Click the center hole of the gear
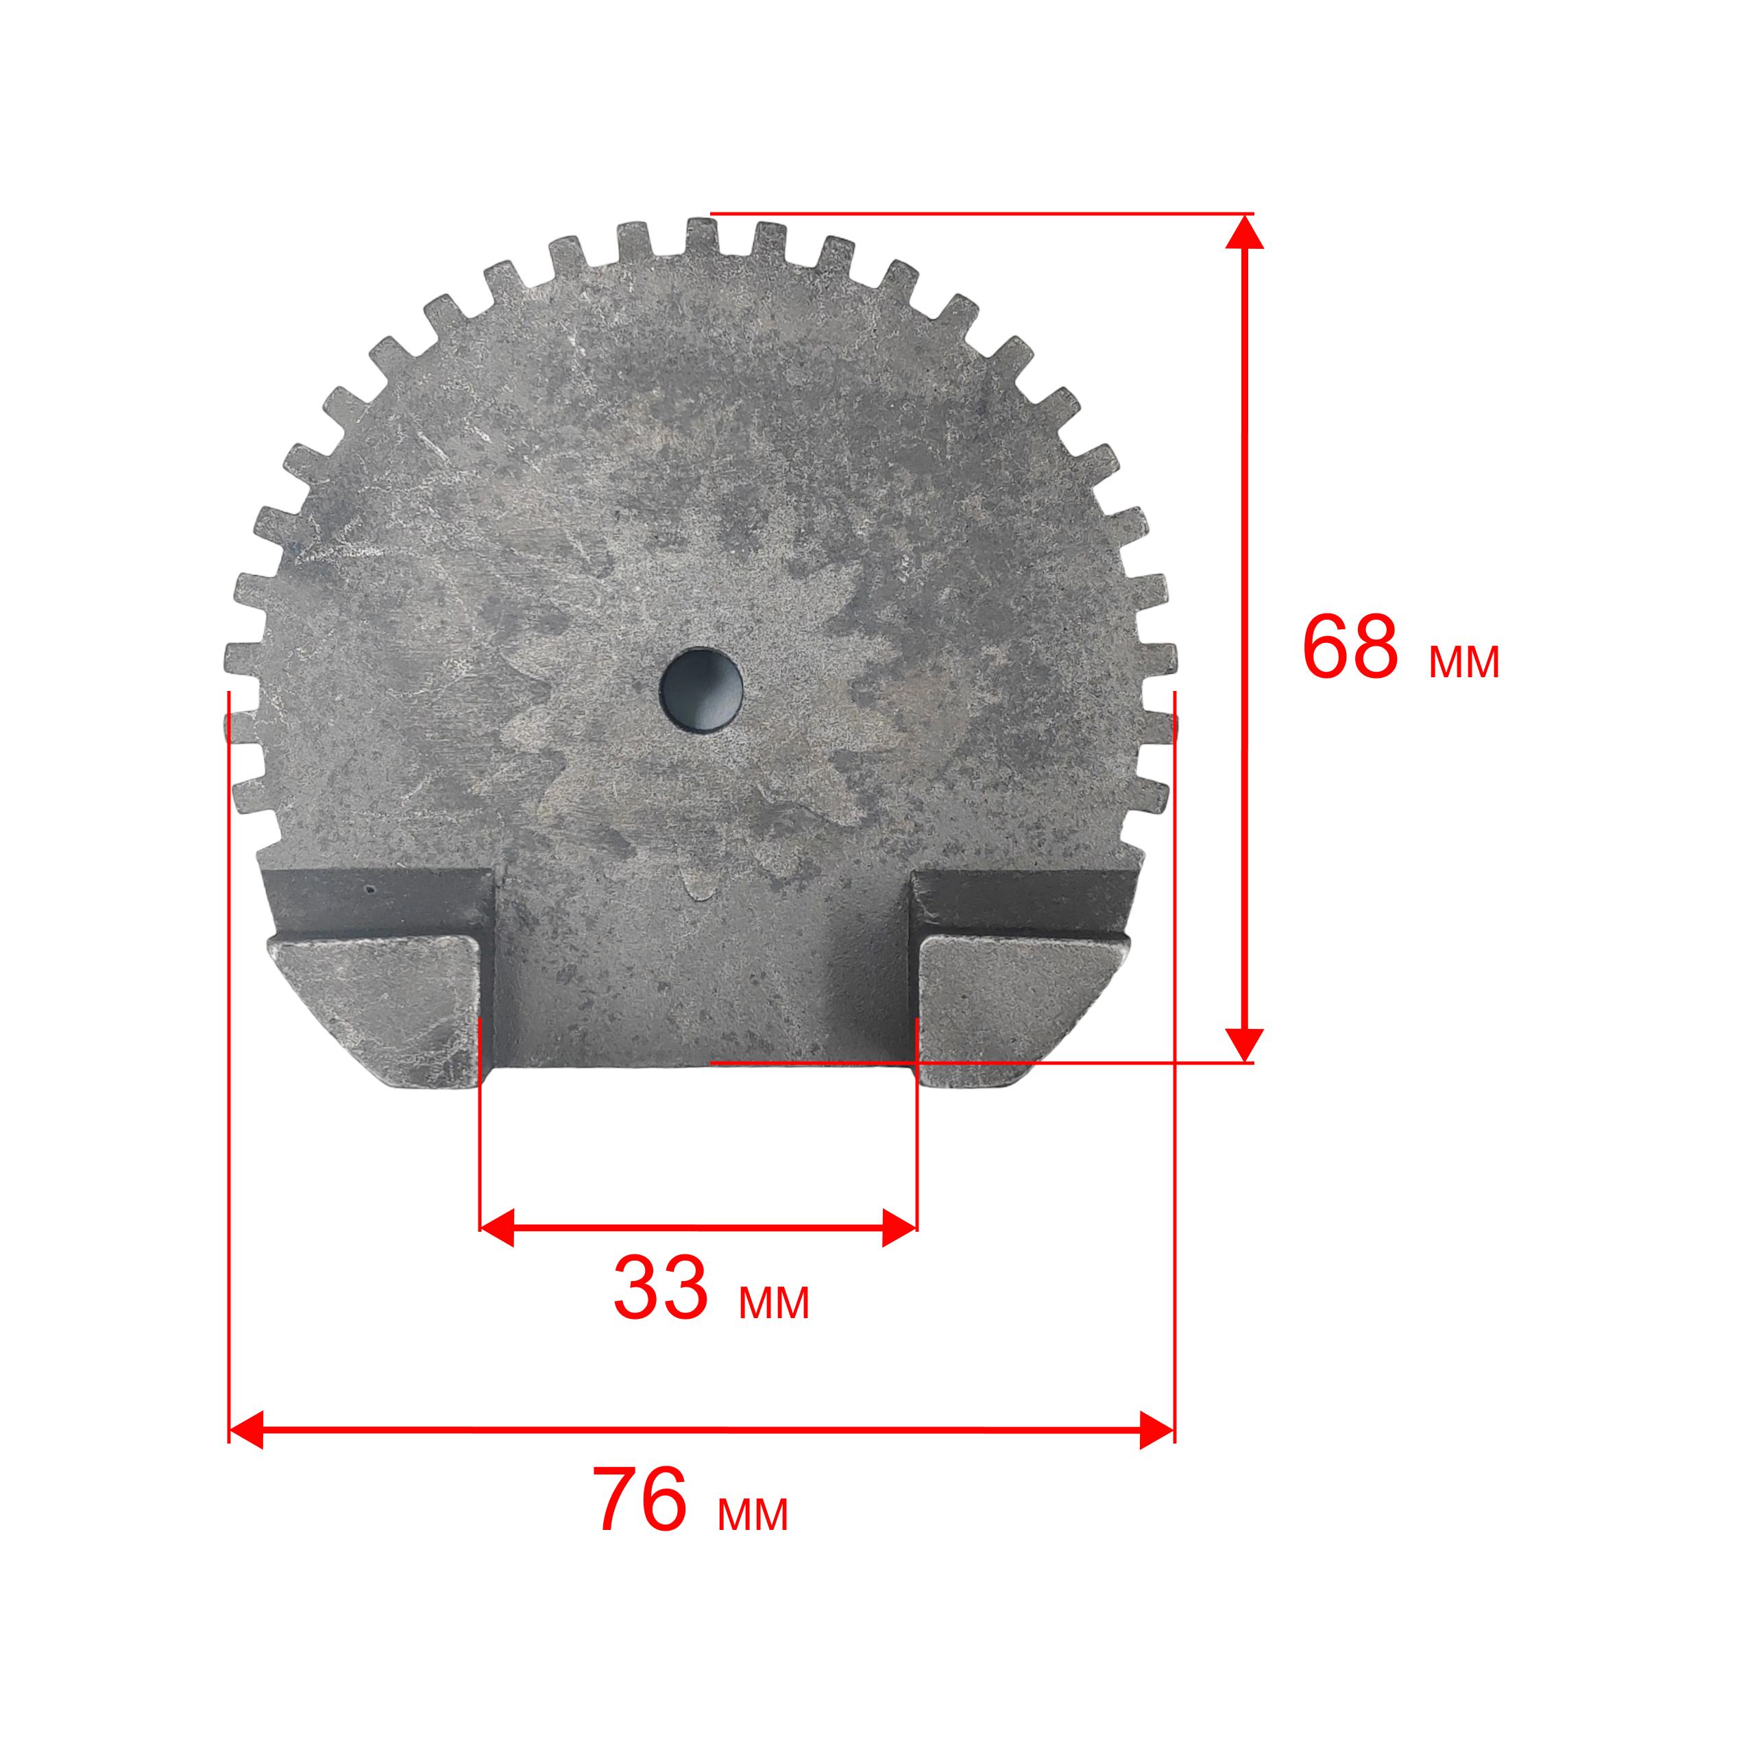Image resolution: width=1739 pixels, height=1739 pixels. click(701, 690)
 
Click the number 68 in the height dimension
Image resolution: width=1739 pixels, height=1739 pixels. click(1350, 647)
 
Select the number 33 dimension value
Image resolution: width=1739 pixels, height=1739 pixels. click(661, 1288)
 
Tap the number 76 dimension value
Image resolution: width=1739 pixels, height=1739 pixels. click(640, 1500)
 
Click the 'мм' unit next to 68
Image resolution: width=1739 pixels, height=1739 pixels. click(1464, 661)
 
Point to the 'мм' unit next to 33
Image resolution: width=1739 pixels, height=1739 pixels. click(774, 1302)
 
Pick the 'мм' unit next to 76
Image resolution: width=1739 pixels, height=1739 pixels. click(753, 1515)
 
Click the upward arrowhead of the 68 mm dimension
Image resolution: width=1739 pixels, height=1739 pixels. click(1245, 232)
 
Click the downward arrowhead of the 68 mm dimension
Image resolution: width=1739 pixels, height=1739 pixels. click(1245, 1045)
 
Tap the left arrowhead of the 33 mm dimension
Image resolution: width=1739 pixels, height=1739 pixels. click(497, 1228)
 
